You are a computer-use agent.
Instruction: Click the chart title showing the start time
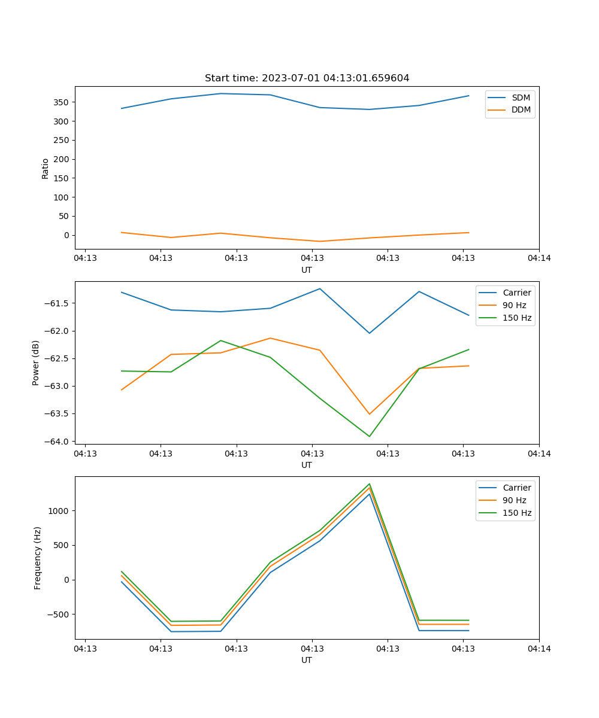[x=307, y=78]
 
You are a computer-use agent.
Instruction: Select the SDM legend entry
[x=521, y=98]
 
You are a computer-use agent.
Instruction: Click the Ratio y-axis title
[x=46, y=168]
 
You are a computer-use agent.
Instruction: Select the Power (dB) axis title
[x=37, y=363]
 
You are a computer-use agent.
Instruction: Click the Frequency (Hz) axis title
[x=38, y=558]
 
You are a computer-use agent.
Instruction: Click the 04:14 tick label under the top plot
[x=539, y=258]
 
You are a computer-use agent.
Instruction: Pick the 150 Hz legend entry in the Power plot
[x=517, y=318]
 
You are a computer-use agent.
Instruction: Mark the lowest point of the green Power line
[x=370, y=436]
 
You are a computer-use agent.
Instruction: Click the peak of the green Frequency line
[x=370, y=484]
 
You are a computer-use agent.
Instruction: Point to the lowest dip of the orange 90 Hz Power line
[x=370, y=414]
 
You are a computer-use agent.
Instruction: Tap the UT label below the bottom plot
[x=307, y=660]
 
